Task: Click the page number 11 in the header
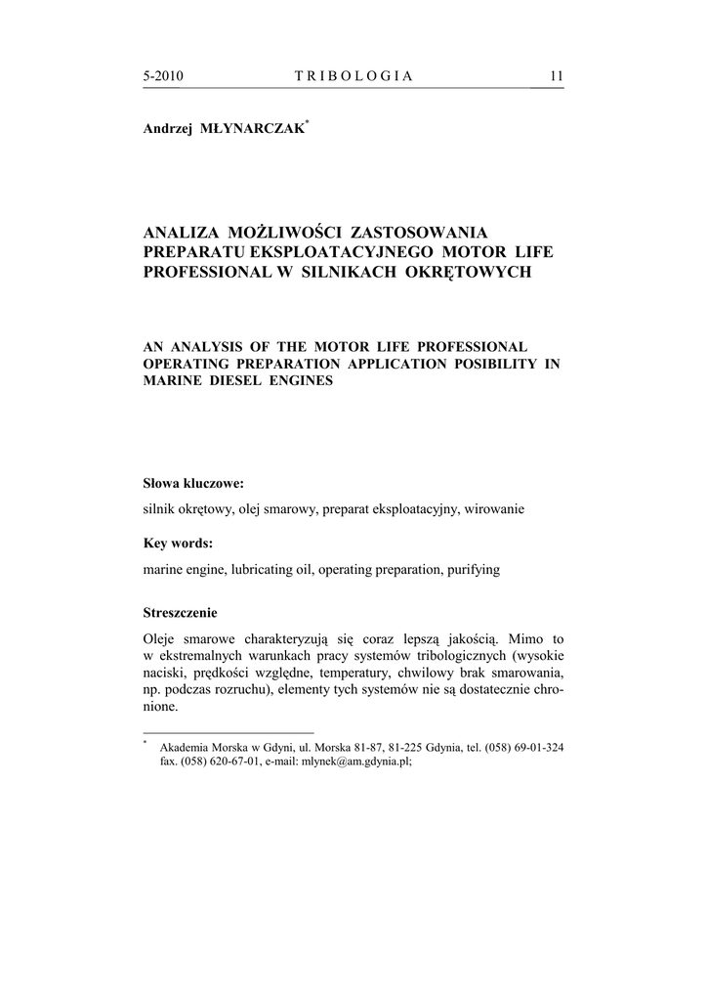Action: pyautogui.click(x=557, y=76)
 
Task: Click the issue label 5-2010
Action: pyautogui.click(x=163, y=76)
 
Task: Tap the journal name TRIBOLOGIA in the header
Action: pyautogui.click(x=353, y=76)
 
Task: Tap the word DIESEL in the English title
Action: pyautogui.click(x=231, y=381)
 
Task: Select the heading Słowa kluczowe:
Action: pyautogui.click(x=193, y=483)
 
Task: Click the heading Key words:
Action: pyautogui.click(x=178, y=544)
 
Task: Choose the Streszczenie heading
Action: pyautogui.click(x=180, y=614)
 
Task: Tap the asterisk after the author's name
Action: pyautogui.click(x=308, y=123)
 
